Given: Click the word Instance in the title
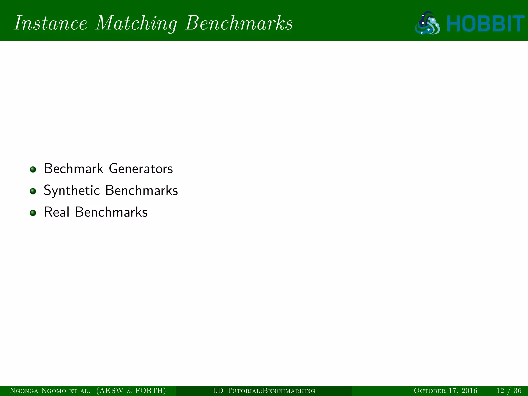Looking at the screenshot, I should pos(51,23).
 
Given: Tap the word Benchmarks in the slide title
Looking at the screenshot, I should pos(239,23).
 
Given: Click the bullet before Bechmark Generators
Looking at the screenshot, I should pos(33,169).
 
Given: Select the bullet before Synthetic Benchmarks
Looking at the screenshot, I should pos(33,191).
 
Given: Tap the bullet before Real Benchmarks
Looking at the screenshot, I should pos(33,213).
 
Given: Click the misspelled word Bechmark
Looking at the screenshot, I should pos(73,169).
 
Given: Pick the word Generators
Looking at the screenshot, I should pos(141,169).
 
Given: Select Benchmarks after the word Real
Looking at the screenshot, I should pos(111,212).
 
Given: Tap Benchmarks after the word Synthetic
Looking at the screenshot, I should pos(142,190).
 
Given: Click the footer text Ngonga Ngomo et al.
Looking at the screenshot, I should pos(50,391).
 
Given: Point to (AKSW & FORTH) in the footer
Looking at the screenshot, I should pos(131,391).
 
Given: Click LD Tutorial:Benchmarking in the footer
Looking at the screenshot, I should pos(264,391).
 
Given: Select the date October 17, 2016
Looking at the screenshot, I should pos(445,391).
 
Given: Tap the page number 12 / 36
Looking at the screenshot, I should pos(509,391).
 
